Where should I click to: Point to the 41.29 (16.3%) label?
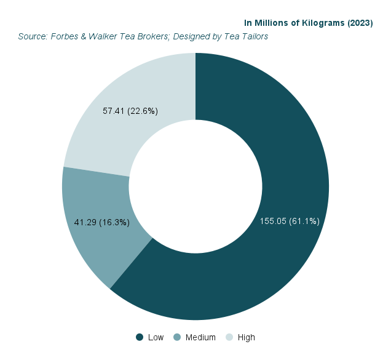click(101, 222)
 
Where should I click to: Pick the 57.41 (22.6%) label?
click(130, 111)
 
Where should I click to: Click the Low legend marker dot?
click(140, 337)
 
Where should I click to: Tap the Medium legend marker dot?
click(177, 337)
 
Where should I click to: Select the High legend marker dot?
click(229, 337)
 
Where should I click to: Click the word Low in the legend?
click(156, 337)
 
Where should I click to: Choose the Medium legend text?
click(200, 337)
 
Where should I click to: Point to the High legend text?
click(246, 337)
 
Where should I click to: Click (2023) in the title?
click(360, 23)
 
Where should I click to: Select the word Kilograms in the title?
click(323, 23)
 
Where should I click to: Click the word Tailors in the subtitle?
click(253, 36)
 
